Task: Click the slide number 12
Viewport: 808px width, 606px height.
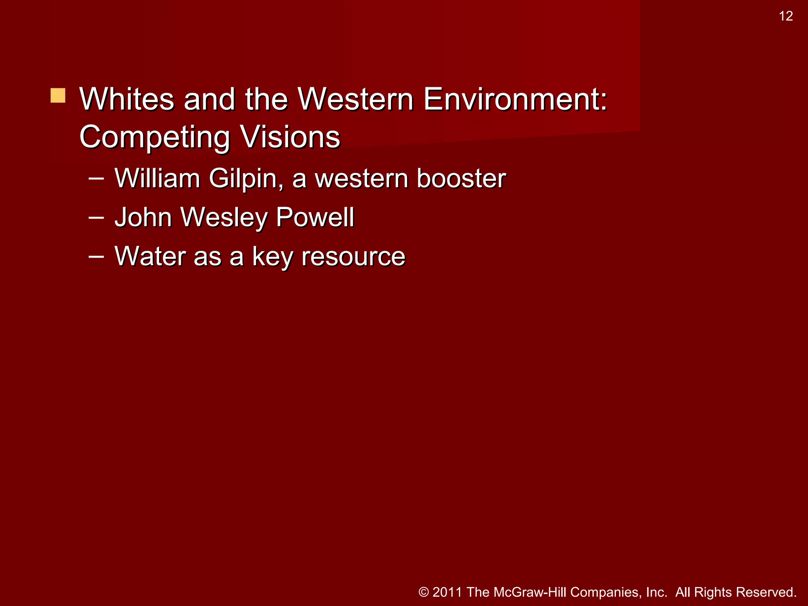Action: (x=786, y=16)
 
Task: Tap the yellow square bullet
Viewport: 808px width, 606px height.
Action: (x=58, y=95)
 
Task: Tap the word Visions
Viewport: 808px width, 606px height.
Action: (x=290, y=137)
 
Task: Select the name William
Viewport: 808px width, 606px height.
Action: (x=157, y=178)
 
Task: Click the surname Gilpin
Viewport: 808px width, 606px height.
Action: (x=246, y=179)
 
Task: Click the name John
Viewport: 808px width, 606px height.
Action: (x=143, y=217)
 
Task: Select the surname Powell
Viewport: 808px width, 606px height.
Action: (x=315, y=217)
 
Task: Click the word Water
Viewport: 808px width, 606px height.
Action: (x=150, y=256)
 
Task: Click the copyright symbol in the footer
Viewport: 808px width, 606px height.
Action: (x=424, y=592)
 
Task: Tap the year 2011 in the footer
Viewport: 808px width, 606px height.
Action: (x=447, y=592)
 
